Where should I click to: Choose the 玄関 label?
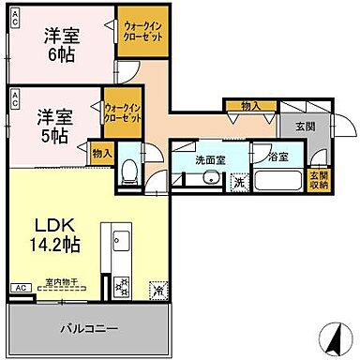tap(306, 127)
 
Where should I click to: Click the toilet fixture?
tap(128, 171)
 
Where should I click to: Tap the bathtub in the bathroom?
tap(278, 180)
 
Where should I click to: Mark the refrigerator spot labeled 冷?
tap(156, 289)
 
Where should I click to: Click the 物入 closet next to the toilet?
tap(102, 152)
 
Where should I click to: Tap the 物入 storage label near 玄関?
tap(250, 107)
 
